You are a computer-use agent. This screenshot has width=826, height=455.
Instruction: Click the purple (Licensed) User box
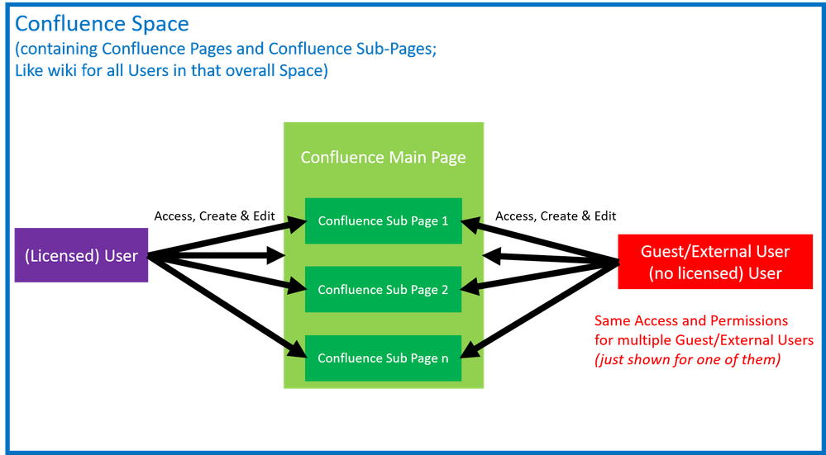tap(81, 255)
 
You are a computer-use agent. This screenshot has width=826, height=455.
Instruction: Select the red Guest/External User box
tap(715, 262)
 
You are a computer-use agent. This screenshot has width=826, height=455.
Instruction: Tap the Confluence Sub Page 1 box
tap(383, 220)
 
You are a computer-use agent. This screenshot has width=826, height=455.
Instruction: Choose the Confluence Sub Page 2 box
tap(383, 289)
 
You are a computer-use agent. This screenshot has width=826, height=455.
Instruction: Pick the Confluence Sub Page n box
tap(383, 358)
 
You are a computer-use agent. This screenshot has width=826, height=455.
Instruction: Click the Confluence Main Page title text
tap(383, 157)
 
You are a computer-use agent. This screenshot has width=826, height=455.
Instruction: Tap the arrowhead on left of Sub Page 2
tap(295, 288)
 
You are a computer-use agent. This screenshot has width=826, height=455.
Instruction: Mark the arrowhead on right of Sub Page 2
tap(471, 288)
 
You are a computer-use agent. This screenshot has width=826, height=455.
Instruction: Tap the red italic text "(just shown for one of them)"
tap(686, 361)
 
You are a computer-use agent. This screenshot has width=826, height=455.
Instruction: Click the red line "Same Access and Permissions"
tap(691, 320)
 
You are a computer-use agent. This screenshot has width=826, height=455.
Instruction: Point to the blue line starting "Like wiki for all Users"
tap(171, 72)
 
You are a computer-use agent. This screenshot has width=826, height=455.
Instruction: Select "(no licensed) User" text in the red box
tap(715, 273)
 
